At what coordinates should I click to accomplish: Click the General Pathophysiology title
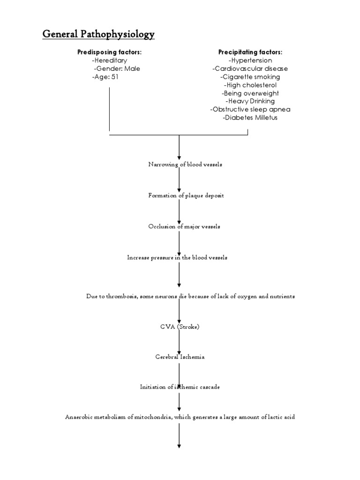tap(99, 34)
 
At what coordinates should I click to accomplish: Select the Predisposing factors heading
tap(109, 52)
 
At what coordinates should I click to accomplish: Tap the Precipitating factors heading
tap(250, 52)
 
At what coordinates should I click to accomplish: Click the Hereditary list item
tap(110, 60)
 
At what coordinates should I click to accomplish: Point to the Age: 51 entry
tap(105, 77)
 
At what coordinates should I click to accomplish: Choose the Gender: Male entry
tap(117, 68)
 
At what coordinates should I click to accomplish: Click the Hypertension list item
tap(250, 60)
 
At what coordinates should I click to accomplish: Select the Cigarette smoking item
tap(250, 77)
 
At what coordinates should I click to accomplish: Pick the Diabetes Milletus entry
tap(250, 118)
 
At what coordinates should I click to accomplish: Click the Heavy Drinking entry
tap(250, 101)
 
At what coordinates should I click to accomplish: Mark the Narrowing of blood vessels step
tap(179, 165)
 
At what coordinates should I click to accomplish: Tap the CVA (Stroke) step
tap(180, 327)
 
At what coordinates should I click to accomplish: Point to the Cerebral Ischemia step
tap(180, 357)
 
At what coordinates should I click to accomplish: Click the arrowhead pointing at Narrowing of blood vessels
tap(180, 157)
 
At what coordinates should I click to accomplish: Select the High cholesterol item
tap(250, 85)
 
